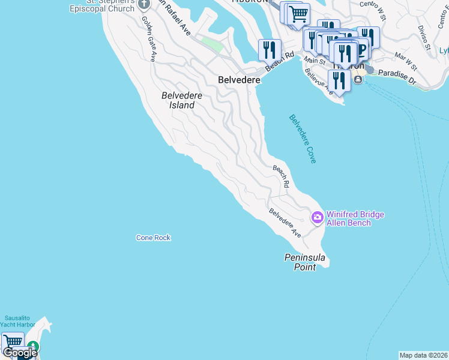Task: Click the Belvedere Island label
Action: point(178,100)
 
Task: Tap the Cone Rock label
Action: point(153,238)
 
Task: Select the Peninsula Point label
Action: point(305,262)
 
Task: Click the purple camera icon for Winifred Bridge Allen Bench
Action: point(318,217)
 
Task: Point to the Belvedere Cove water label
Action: point(303,139)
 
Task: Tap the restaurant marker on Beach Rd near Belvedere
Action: point(270,50)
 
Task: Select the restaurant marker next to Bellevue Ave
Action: point(339,80)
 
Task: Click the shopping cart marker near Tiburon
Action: point(298,14)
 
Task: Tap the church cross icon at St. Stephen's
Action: point(143,5)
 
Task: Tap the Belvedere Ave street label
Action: point(285,223)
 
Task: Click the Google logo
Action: point(19,353)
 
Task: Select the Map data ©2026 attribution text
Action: point(423,355)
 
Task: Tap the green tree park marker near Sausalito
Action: point(34,347)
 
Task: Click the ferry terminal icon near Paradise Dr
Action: point(358,79)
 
